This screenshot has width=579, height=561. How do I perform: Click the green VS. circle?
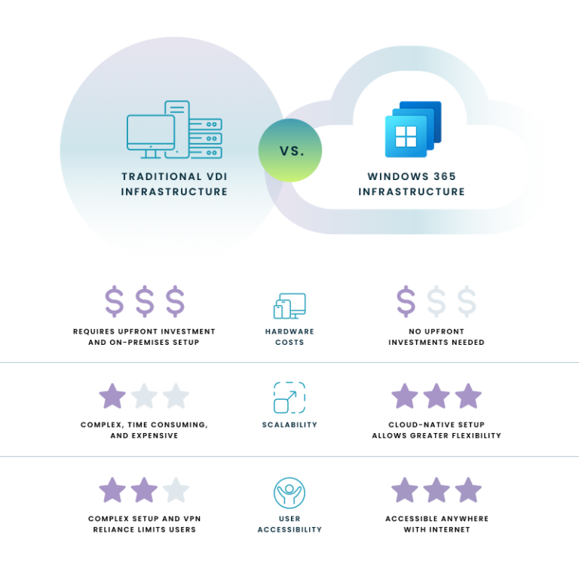click(x=289, y=150)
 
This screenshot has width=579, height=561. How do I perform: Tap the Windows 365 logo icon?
click(x=413, y=130)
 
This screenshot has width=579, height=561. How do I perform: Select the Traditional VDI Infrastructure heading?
click(x=174, y=184)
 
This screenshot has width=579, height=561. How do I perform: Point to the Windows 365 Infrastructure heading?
click(x=412, y=184)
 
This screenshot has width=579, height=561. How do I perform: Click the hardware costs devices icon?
click(x=289, y=306)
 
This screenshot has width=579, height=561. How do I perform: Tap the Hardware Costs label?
click(x=289, y=337)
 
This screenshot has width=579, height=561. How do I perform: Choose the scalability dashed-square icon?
click(x=289, y=398)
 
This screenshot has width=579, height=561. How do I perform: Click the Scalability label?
click(x=289, y=425)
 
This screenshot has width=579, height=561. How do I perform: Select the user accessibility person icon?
click(x=289, y=492)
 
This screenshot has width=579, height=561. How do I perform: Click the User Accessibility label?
click(x=289, y=524)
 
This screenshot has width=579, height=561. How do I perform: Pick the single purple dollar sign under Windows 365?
click(x=406, y=301)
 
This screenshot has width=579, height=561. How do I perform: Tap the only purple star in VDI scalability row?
click(x=112, y=396)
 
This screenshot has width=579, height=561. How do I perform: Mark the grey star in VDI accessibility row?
click(x=176, y=489)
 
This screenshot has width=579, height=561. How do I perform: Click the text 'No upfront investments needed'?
click(x=437, y=337)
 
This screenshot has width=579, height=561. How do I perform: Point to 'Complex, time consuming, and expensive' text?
click(x=145, y=430)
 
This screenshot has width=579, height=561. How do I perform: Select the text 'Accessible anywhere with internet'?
click(x=437, y=524)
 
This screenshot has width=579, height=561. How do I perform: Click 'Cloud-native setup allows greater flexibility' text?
click(x=437, y=430)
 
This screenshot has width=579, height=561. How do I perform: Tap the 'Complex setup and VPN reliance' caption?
click(x=145, y=524)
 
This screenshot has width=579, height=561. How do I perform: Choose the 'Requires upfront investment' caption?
click(x=144, y=337)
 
